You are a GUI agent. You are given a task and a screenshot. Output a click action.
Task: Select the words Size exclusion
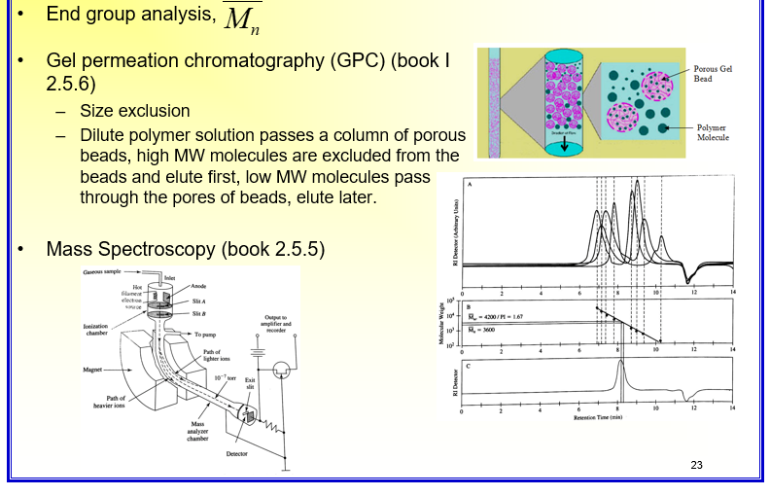[135, 111]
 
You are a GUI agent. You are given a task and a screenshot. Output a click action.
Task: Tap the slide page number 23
[695, 465]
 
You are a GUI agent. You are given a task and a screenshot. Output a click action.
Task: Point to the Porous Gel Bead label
[714, 75]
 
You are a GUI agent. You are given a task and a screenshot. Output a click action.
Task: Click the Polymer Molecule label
[714, 132]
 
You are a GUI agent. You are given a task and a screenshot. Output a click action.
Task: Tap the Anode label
[198, 287]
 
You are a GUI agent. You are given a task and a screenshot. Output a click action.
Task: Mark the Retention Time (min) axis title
[597, 417]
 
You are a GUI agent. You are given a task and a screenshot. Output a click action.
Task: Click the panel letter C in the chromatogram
[470, 365]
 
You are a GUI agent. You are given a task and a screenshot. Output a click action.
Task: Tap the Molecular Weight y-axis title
[442, 322]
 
